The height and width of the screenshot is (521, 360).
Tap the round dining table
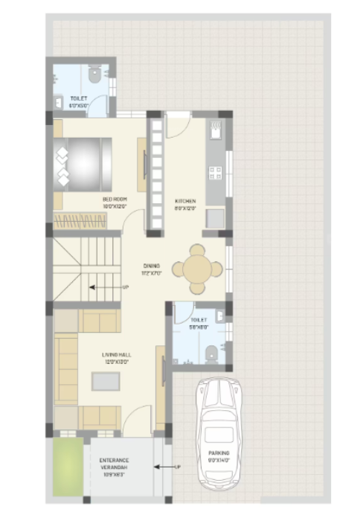pos(198,269)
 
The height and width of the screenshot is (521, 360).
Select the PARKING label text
pos(219,453)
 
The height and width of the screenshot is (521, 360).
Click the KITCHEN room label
pos(185,201)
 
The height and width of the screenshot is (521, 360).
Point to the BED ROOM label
pos(115,199)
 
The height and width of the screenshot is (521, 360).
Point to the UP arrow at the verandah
pos(166,467)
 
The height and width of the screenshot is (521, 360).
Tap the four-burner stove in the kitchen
pos(216,173)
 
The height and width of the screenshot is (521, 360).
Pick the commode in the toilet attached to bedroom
pos(94,75)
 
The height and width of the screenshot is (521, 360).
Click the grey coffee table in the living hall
pos(104,381)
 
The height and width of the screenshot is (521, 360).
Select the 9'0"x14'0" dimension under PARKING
pos(219,460)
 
